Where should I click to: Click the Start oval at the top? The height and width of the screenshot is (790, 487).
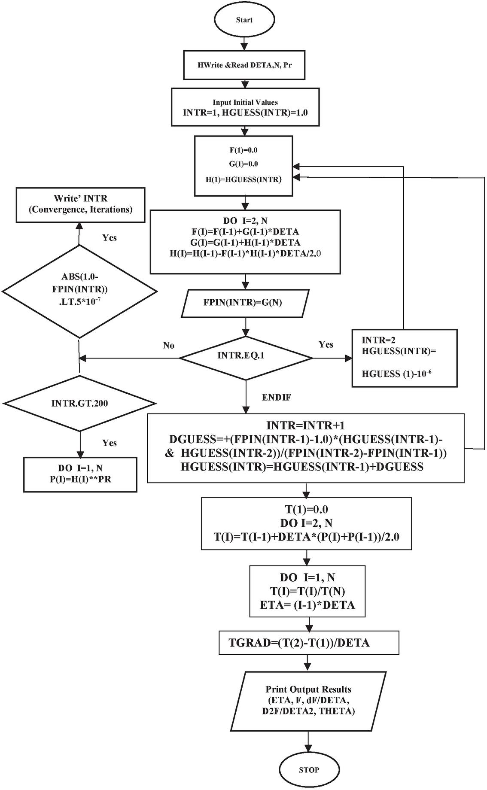(244, 20)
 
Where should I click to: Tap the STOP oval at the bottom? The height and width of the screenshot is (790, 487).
(309, 769)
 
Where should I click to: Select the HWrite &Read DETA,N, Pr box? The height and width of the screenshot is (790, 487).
(244, 65)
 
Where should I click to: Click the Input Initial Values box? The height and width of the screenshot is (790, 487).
(245, 107)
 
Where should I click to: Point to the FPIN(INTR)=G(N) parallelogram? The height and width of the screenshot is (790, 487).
(243, 302)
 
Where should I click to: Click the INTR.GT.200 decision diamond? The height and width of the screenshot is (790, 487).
(79, 403)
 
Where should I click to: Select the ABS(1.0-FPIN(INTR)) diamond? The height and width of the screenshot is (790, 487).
(79, 291)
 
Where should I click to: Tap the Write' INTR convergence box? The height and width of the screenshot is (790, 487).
(80, 204)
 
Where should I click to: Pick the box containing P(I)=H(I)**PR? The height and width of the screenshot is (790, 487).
(80, 474)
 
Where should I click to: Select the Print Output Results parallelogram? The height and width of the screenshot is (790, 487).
(308, 701)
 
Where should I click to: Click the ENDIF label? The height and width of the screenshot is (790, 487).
(276, 398)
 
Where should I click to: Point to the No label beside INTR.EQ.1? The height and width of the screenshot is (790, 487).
(169, 346)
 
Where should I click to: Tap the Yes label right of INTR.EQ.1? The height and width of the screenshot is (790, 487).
(326, 344)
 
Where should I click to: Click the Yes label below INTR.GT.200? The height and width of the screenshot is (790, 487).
(110, 443)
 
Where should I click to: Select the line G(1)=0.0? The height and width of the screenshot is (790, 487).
(243, 164)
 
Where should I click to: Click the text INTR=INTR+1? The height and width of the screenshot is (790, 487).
(305, 425)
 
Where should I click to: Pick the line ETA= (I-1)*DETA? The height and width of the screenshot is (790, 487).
(307, 605)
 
